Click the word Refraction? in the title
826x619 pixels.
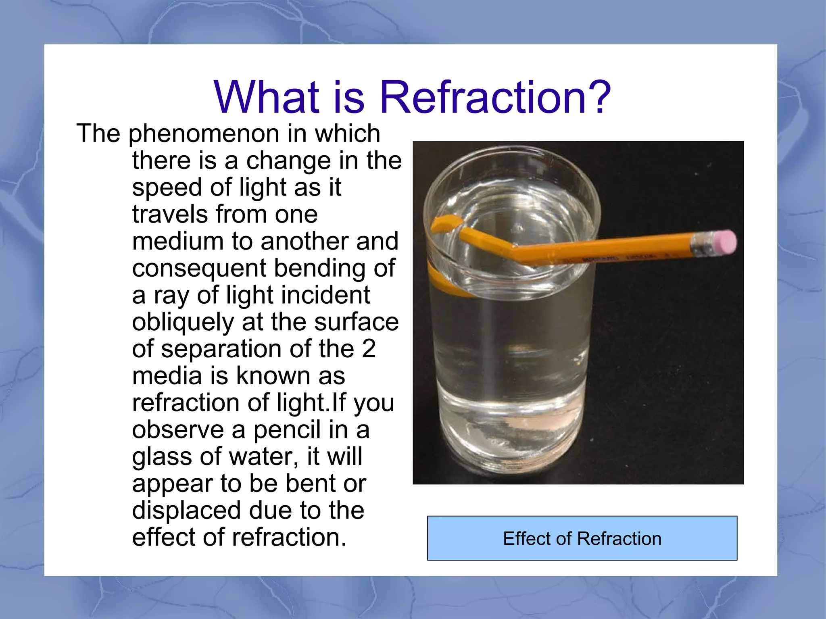pyautogui.click(x=495, y=97)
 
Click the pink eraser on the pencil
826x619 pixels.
pyautogui.click(x=724, y=242)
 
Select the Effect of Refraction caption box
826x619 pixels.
pyautogui.click(x=582, y=538)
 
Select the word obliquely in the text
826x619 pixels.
pyautogui.click(x=183, y=322)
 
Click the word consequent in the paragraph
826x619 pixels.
pyautogui.click(x=199, y=269)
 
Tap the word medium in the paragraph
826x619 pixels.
pyautogui.click(x=178, y=241)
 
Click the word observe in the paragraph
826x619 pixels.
pyautogui.click(x=178, y=429)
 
